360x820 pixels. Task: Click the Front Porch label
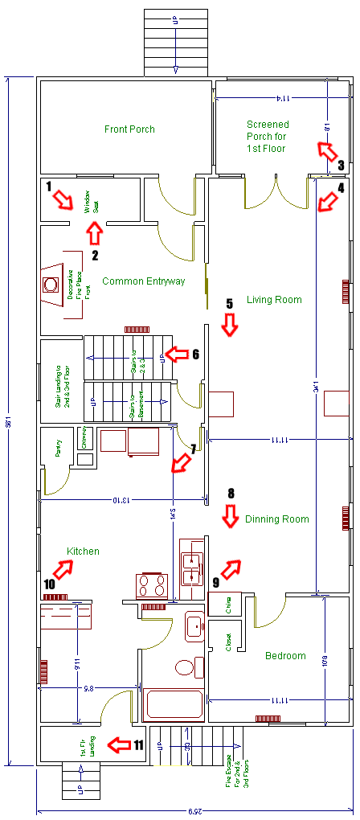(x=129, y=129)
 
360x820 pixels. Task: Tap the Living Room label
(x=274, y=300)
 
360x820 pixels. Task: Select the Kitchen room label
(x=84, y=551)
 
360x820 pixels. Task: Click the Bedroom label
(x=285, y=655)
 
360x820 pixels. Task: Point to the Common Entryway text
(x=144, y=281)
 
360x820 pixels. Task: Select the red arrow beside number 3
(x=326, y=150)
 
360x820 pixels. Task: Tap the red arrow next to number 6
(x=176, y=354)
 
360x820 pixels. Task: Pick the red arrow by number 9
(x=231, y=569)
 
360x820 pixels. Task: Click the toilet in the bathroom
(x=184, y=667)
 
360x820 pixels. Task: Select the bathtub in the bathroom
(x=174, y=703)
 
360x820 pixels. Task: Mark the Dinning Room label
(x=276, y=519)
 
